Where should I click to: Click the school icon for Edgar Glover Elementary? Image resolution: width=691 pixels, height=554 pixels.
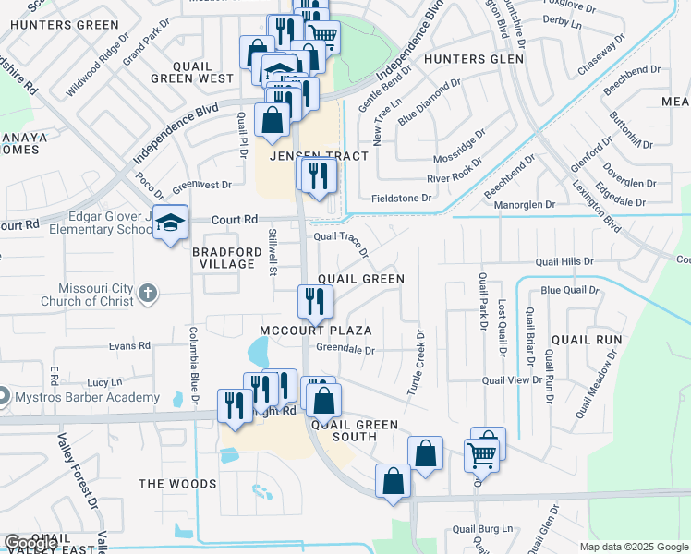[x=170, y=223]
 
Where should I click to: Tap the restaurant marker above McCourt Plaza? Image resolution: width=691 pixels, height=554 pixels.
[x=315, y=300]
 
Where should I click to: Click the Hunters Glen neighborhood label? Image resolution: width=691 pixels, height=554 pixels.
[x=473, y=59]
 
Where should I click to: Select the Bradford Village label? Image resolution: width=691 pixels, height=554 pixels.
[x=223, y=258]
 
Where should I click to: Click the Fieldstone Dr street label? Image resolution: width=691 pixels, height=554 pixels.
[x=401, y=198]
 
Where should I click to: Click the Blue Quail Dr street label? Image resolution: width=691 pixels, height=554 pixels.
[x=570, y=290]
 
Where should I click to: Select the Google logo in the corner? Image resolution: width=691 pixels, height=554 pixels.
[x=30, y=543]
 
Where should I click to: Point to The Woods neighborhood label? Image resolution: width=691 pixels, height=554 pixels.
[x=177, y=484]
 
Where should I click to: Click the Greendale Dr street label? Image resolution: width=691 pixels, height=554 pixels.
[x=345, y=350]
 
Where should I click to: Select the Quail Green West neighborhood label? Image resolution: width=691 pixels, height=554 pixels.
[x=191, y=72]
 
